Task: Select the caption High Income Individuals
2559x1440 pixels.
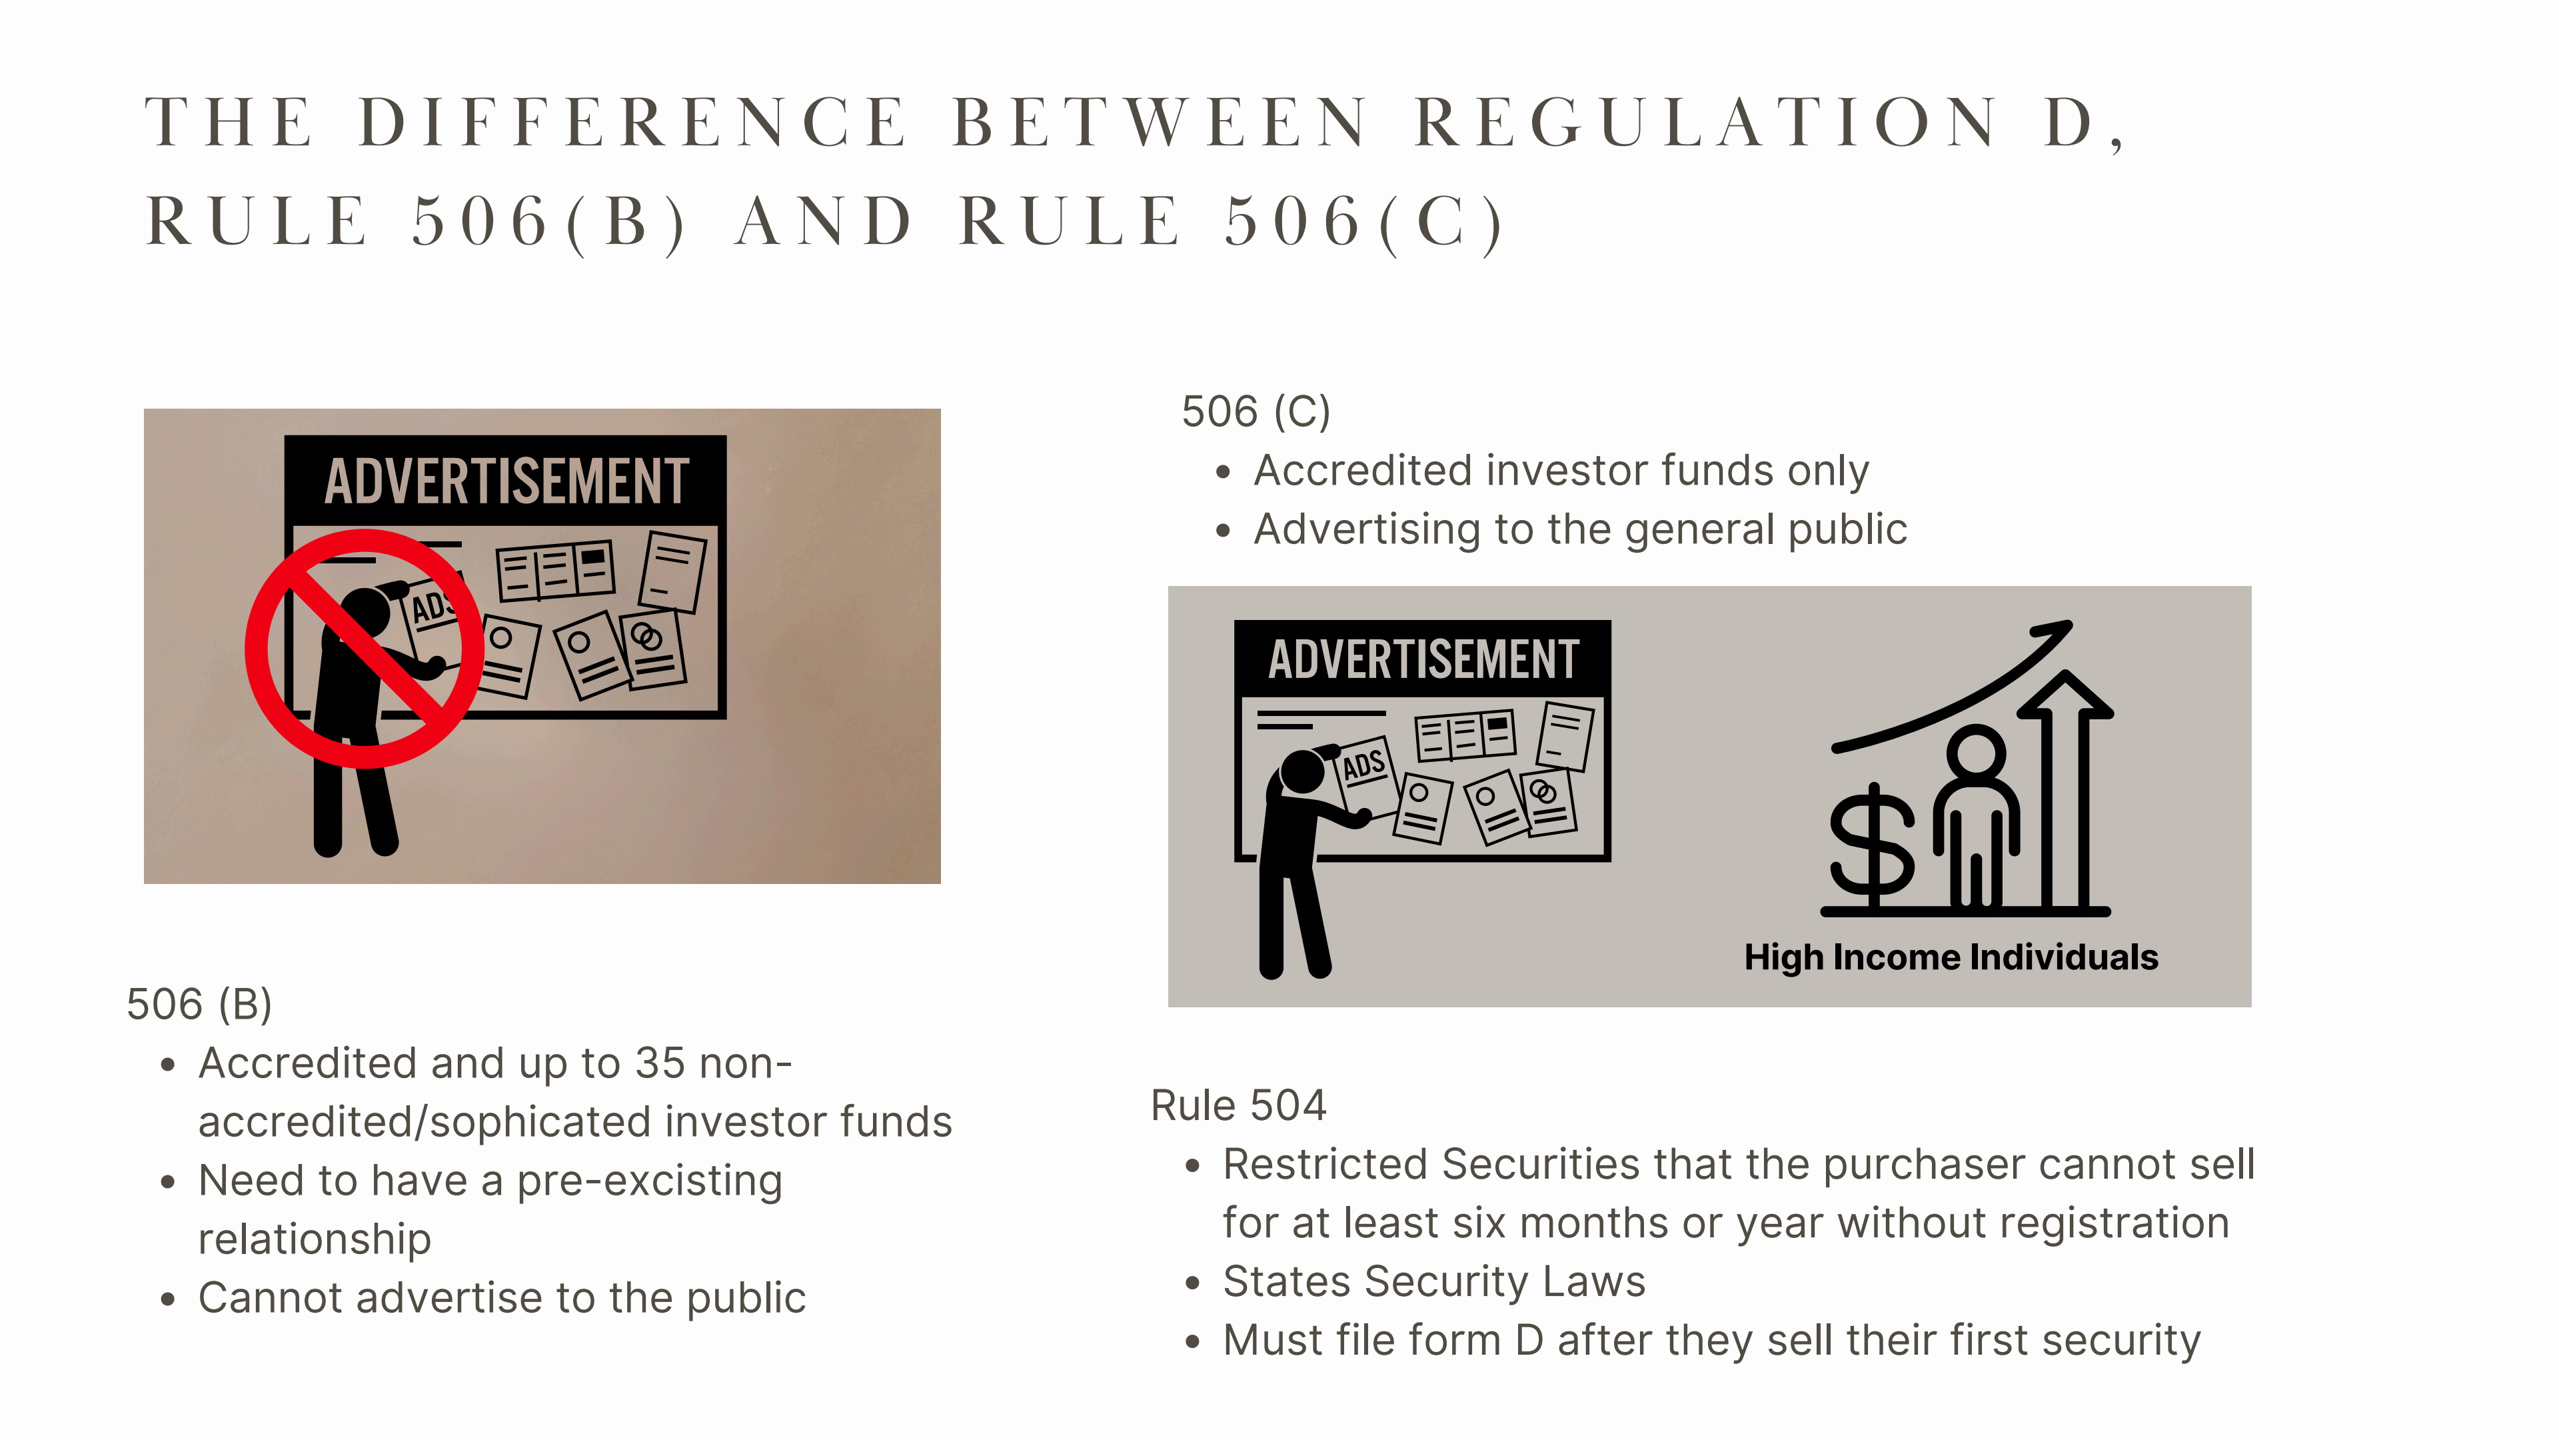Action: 1951,957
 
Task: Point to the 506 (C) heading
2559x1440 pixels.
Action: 1256,411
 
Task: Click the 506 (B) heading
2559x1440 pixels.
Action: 200,1004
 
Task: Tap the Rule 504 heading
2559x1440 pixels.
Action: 1239,1105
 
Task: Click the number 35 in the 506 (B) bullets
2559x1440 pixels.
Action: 660,1063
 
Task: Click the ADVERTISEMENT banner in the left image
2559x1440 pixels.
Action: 506,481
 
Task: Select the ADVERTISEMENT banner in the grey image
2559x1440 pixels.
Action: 1423,659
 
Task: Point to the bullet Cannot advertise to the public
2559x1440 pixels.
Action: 502,1298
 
